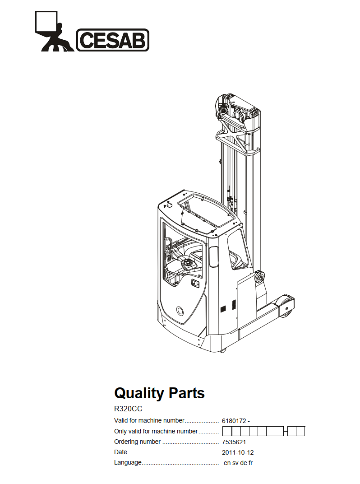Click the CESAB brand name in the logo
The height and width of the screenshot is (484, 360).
point(113,40)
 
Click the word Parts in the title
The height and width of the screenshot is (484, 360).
point(187,393)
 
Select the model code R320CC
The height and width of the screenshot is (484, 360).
point(128,409)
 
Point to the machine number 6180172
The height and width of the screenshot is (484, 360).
point(234,421)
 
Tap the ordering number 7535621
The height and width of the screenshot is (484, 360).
point(234,442)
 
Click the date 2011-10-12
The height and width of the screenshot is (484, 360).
point(238,452)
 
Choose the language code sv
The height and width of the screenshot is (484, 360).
point(235,463)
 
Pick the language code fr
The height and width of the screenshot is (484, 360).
point(250,463)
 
